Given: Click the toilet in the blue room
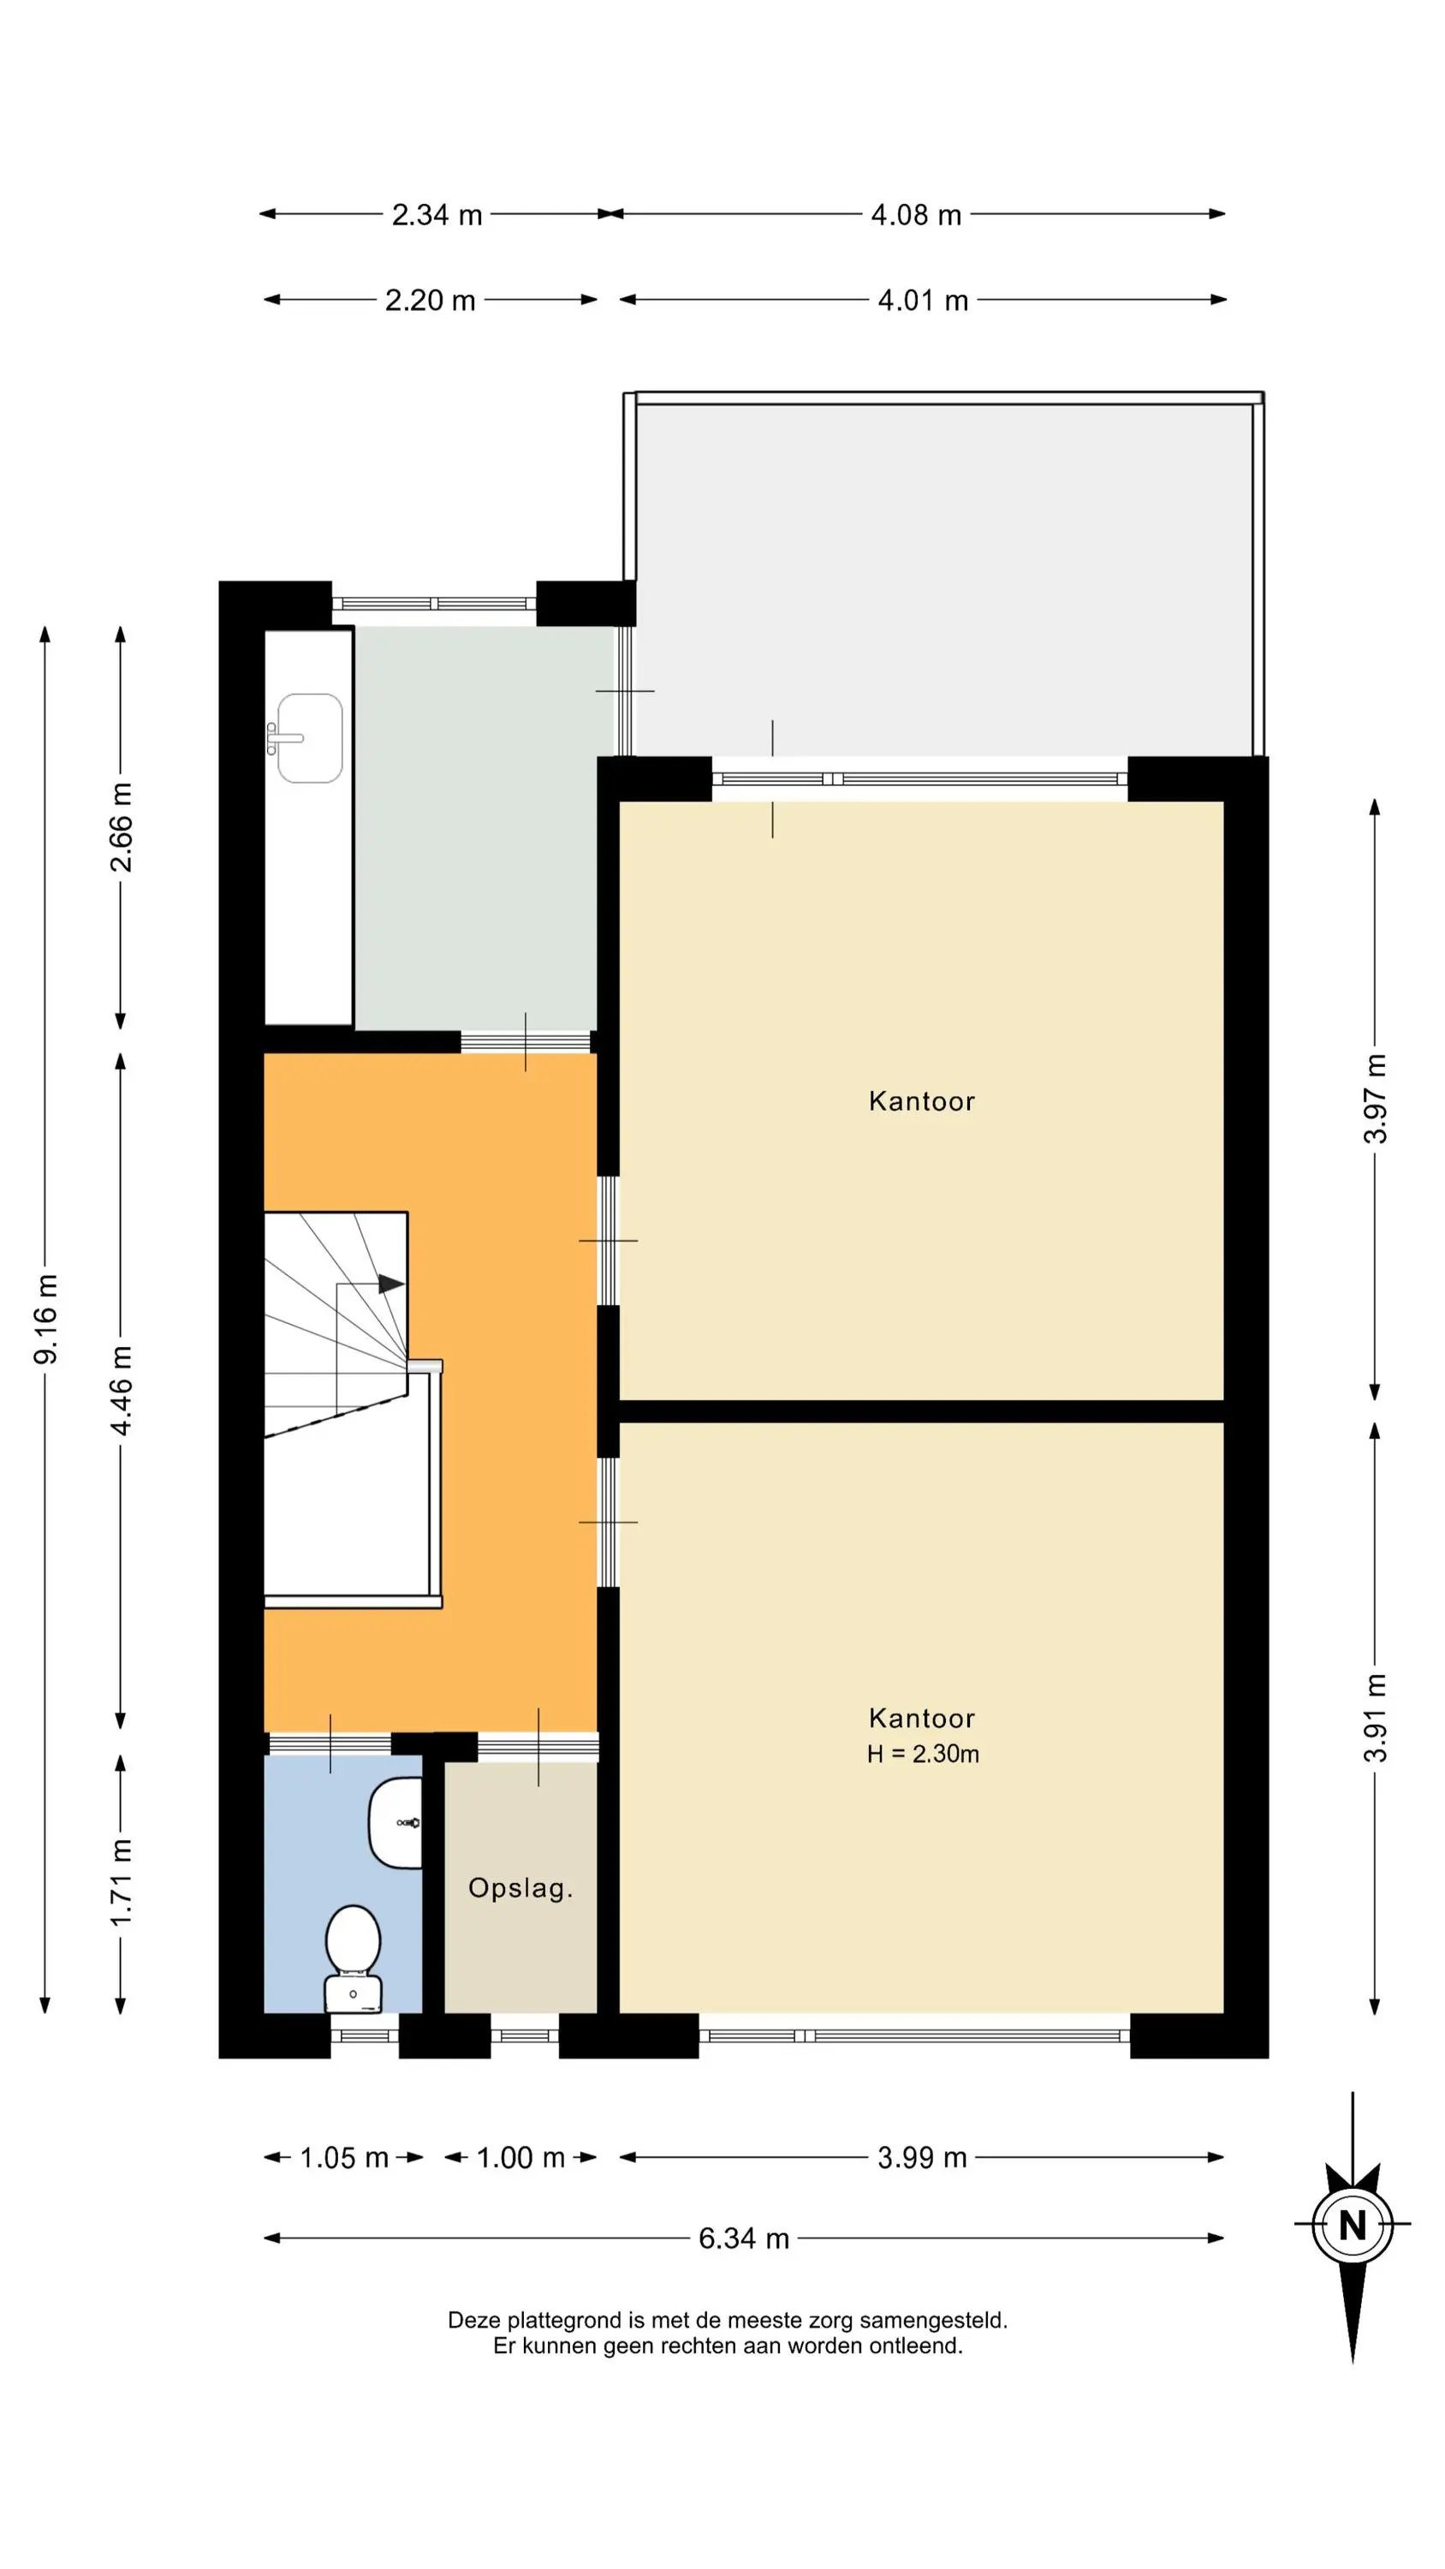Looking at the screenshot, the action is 353,1958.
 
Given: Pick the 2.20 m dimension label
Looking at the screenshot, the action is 431,301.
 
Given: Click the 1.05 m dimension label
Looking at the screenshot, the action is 344,2158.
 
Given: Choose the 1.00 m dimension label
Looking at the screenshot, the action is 520,2158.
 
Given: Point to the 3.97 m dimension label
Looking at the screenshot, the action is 1375,1099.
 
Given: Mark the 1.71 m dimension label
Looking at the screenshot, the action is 121,1883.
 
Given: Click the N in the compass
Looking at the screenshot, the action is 1353,2226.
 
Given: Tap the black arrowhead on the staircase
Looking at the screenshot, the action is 392,1284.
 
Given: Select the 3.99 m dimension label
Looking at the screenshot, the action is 923,2158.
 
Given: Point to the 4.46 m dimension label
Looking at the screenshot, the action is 121,1390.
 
